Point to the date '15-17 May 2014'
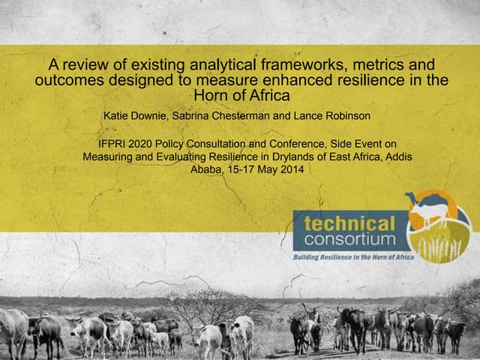coord(267,170)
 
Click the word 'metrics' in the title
coord(365,63)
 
